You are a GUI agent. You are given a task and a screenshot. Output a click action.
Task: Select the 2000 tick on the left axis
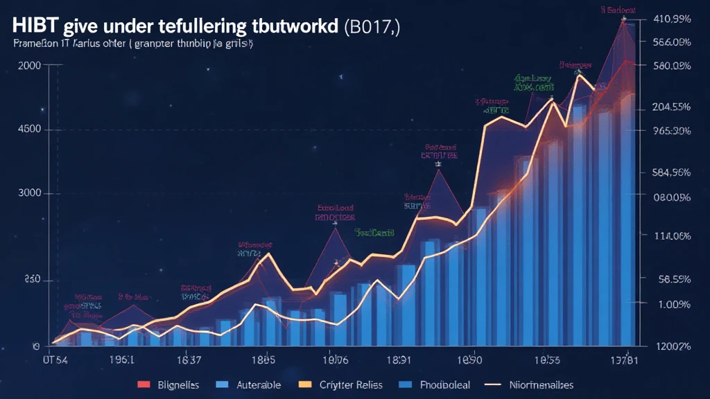pos(28,65)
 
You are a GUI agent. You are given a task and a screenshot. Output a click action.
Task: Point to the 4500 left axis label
pos(28,130)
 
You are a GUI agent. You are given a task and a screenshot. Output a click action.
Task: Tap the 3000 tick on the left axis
pos(28,194)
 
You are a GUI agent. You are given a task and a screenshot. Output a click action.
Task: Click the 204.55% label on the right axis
pos(671,107)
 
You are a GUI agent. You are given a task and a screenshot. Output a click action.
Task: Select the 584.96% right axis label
pos(671,172)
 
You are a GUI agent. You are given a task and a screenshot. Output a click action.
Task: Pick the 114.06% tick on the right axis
pos(671,236)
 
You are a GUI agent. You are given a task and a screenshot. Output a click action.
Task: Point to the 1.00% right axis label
pos(674,304)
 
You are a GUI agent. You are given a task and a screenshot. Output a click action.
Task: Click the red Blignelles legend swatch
pos(144,384)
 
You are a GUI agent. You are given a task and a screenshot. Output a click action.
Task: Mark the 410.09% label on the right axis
pos(671,19)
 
